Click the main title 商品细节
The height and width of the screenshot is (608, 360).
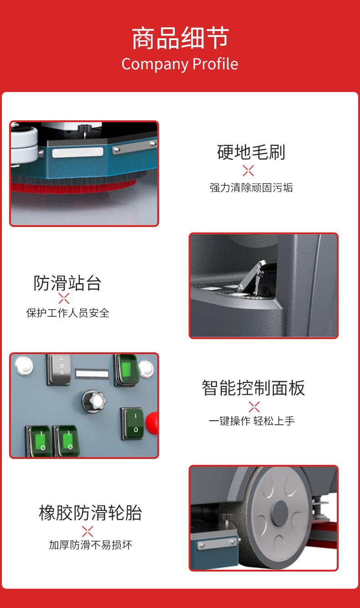180,38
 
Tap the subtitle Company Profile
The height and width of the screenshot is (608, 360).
180,64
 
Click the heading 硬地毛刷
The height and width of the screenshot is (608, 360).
251,152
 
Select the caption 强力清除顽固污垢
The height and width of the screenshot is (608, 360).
251,188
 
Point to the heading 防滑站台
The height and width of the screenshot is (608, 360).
67,283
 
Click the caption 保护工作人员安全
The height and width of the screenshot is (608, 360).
68,313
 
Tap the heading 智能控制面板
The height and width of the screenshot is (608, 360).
253,388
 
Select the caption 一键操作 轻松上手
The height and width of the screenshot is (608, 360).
252,421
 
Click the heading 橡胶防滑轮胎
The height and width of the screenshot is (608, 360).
90,513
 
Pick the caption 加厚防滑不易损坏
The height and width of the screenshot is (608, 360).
90,545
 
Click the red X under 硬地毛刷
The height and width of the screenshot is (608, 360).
248,171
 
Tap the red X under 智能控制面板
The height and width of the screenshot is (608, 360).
254,407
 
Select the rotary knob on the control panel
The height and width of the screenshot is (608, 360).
94,401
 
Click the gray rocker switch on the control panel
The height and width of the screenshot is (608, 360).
59,369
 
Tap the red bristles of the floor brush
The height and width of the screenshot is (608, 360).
73,187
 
